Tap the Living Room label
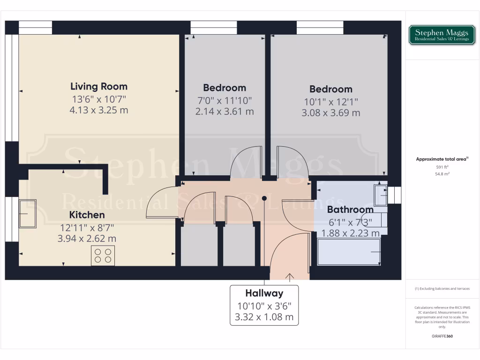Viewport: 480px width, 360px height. [x=98, y=86]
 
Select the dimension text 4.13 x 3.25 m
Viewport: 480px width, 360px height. [x=98, y=111]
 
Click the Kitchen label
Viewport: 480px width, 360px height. [x=87, y=215]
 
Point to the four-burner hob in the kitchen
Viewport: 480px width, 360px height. [x=103, y=255]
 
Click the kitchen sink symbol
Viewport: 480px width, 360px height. [x=27, y=213]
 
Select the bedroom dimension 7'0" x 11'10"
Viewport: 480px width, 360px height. [x=225, y=100]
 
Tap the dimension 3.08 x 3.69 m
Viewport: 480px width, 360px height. [x=330, y=113]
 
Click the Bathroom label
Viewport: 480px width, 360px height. [x=350, y=210]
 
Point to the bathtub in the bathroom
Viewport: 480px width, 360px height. [x=349, y=252]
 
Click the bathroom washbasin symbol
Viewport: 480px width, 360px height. [x=380, y=195]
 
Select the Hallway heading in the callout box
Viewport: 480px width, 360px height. [x=264, y=293]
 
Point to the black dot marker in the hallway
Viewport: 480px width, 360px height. [x=264, y=198]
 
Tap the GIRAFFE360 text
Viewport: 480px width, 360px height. [x=442, y=336]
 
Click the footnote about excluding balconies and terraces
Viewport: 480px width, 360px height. [x=442, y=289]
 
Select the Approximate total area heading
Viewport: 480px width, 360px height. [x=441, y=159]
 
